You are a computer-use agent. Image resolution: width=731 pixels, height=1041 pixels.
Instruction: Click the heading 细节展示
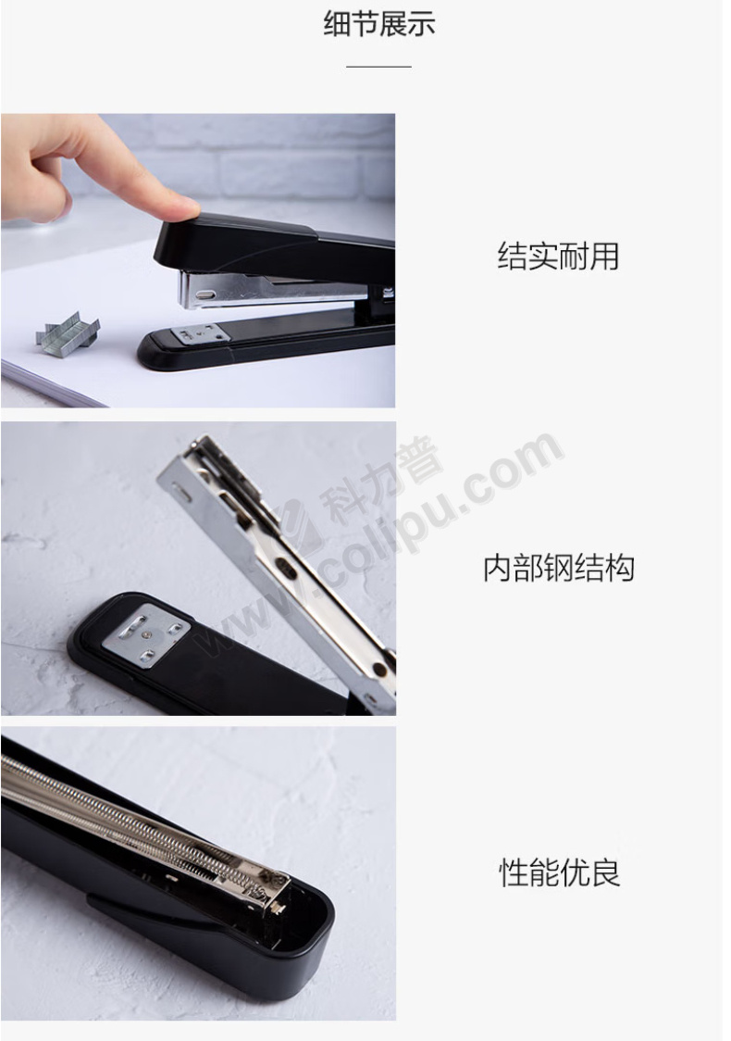(378, 24)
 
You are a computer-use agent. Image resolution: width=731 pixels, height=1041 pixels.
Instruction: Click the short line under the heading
(378, 67)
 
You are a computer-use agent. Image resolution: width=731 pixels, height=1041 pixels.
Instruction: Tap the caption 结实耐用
(558, 257)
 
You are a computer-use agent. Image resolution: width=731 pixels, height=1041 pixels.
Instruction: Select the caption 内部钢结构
(558, 569)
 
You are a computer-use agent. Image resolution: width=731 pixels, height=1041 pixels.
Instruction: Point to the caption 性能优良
(559, 872)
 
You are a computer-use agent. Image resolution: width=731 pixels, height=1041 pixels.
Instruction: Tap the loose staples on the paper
(68, 331)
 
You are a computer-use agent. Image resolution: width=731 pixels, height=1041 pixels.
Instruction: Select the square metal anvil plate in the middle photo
(147, 633)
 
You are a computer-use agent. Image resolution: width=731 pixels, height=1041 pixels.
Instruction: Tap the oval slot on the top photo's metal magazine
(207, 295)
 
